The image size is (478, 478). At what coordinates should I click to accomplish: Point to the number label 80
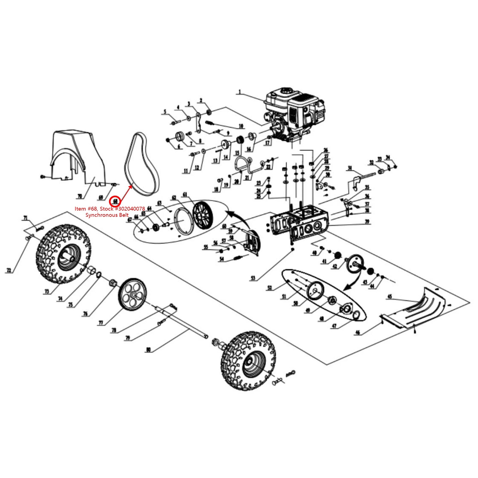pos(149,350)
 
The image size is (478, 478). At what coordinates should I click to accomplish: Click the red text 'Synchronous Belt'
pos(107,215)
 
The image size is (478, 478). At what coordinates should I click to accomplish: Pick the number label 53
pos(253,278)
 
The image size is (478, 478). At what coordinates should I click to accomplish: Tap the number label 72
pos(9,270)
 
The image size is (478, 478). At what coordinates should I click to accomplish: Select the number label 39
pos(367,221)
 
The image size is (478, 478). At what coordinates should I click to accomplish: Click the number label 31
pos(350,168)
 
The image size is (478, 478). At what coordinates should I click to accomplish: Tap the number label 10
pos(241,126)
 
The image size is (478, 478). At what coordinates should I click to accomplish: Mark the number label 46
pos(358,333)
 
